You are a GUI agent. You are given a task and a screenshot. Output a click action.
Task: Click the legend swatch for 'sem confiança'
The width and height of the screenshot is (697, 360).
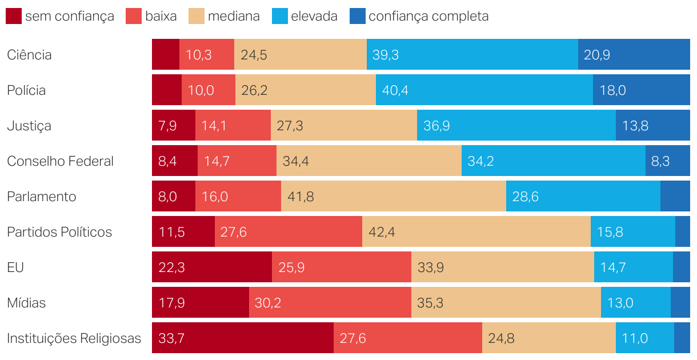(14, 16)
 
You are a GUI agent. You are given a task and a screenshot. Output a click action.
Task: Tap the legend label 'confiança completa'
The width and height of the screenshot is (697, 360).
(428, 16)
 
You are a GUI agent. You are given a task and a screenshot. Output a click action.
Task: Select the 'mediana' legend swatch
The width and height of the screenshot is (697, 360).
(197, 16)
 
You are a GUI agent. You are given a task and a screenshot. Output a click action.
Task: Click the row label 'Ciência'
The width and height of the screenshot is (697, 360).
(29, 55)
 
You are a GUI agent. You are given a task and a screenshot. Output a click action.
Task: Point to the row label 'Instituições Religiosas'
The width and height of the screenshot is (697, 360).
(74, 338)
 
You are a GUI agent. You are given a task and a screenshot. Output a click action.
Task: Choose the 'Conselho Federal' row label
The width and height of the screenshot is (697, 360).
(60, 161)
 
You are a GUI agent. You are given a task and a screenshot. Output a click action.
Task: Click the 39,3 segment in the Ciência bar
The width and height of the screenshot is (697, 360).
(472, 55)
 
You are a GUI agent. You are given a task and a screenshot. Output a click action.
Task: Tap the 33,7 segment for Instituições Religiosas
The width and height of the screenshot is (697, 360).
(242, 338)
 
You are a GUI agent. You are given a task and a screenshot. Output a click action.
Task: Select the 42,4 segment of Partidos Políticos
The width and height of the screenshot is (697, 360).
(476, 232)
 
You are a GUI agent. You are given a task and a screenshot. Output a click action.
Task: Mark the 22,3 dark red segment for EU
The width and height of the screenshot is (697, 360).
(211, 267)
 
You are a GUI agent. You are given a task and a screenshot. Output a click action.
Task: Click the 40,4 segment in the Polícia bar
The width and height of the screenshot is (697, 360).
(484, 90)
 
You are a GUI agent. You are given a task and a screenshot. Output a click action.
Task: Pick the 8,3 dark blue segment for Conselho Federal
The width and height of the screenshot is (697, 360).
(667, 161)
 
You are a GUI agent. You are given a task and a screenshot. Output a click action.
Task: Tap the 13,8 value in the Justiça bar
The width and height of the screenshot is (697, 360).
(635, 126)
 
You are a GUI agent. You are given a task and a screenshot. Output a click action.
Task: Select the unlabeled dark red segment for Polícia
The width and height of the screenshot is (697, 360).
(166, 90)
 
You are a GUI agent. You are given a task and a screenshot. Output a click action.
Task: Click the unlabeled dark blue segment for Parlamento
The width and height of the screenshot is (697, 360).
(675, 197)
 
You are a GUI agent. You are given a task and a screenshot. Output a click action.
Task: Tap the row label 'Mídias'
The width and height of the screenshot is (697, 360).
(26, 303)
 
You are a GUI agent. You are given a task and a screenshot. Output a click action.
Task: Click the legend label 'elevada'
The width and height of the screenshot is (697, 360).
(314, 16)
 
